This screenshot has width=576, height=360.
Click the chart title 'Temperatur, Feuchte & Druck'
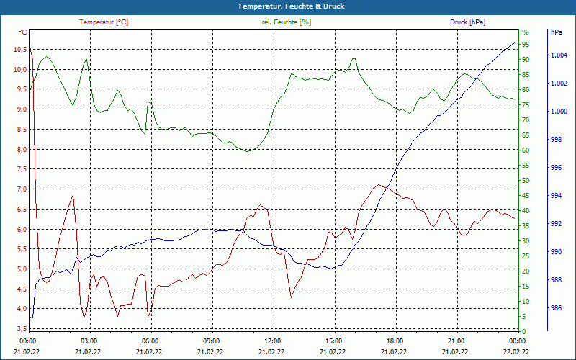(287, 6)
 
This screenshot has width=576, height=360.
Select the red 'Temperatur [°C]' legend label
(104, 22)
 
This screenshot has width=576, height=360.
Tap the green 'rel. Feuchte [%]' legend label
(287, 22)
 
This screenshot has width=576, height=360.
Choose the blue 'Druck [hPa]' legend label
(467, 22)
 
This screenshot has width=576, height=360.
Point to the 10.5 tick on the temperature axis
(18, 50)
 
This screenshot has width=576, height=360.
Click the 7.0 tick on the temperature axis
(18, 189)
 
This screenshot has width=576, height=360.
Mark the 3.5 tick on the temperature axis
(18, 329)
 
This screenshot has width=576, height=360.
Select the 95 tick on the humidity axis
(526, 45)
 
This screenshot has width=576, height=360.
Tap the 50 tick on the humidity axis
(526, 181)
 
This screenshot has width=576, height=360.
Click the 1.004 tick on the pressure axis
(559, 55)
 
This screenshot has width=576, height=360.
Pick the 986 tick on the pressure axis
(556, 308)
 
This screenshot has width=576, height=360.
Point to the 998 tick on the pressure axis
(556, 140)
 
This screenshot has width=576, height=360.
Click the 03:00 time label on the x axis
(89, 341)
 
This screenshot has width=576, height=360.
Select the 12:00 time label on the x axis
(273, 341)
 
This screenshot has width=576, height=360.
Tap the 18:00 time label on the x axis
(395, 341)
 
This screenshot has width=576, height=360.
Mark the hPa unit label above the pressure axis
(557, 32)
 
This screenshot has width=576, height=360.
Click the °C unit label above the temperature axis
(23, 32)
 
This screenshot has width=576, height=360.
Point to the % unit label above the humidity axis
(525, 32)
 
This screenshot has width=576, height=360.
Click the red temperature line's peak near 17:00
(380, 185)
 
